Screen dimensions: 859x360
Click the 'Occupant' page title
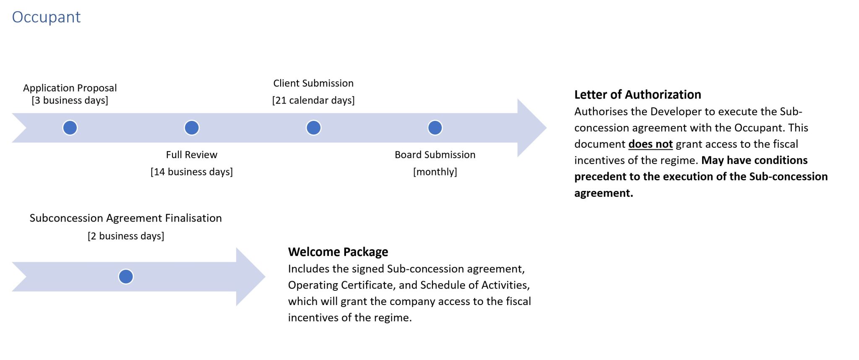tap(46, 17)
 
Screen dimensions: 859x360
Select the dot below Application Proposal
tap(70, 128)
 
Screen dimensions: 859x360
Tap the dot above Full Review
tap(192, 128)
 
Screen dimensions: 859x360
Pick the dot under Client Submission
tap(313, 128)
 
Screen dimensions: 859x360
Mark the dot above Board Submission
tap(435, 128)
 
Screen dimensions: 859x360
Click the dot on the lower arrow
tap(126, 277)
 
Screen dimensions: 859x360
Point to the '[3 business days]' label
tap(70, 100)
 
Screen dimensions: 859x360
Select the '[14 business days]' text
tap(192, 172)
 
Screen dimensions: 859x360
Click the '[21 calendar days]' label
tap(313, 100)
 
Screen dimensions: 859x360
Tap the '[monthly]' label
tap(435, 172)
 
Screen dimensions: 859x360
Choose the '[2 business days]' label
tap(126, 236)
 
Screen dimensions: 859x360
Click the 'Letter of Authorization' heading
tap(638, 95)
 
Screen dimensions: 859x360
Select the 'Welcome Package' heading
tap(338, 252)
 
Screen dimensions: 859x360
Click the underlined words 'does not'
tap(651, 144)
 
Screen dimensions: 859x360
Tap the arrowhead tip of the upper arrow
tap(546, 128)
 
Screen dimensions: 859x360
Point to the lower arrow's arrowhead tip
tap(265, 277)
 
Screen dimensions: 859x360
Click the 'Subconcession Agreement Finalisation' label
tap(126, 218)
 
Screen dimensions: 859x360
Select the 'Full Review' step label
tap(192, 155)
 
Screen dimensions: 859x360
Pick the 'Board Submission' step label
tap(435, 155)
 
